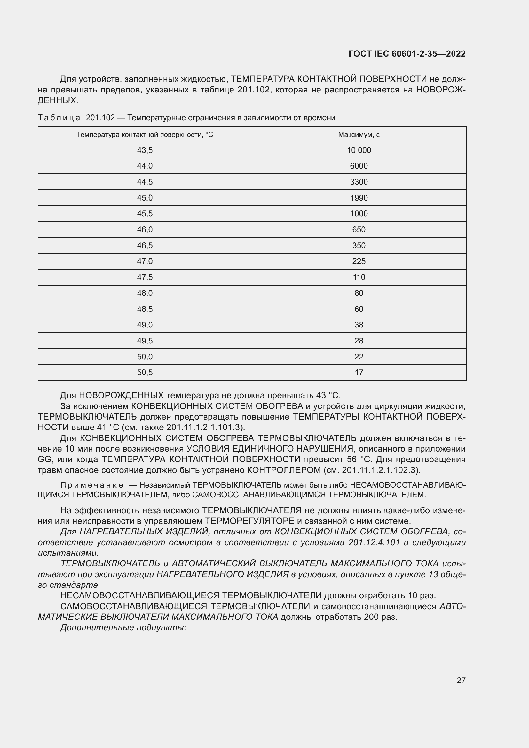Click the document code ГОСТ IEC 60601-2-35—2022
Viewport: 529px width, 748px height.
tap(407, 54)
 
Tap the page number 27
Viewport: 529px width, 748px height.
tap(461, 680)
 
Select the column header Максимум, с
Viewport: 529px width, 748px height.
tap(359, 135)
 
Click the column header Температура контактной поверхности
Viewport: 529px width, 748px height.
tap(145, 135)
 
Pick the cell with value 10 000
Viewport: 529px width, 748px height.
tap(359, 150)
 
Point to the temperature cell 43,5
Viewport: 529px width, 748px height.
tap(145, 150)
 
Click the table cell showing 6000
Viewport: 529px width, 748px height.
tap(359, 166)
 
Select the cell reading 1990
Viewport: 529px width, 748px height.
tap(359, 198)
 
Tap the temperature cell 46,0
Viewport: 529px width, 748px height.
tap(145, 229)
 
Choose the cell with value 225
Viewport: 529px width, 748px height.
tap(359, 261)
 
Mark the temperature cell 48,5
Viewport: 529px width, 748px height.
tap(145, 309)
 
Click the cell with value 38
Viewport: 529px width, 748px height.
tap(359, 325)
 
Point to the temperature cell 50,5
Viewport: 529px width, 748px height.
tap(145, 372)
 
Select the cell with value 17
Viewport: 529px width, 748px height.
tap(359, 372)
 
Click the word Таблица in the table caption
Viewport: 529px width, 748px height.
tap(59, 118)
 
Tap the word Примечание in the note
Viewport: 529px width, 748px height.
tap(92, 485)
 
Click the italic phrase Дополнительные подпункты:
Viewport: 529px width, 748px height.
tap(123, 627)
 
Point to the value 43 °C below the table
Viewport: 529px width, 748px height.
tap(328, 396)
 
